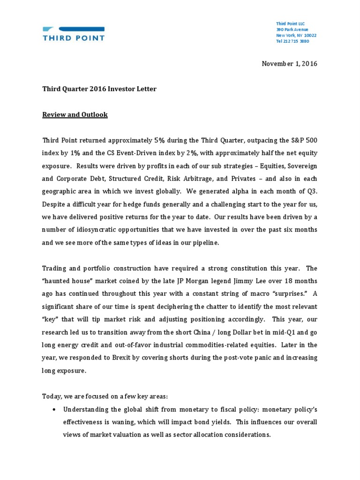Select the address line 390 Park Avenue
pyautogui.click(x=292, y=30)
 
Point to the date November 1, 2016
pyautogui.click(x=289, y=64)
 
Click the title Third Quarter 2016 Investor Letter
pyautogui.click(x=99, y=89)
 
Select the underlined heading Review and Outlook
pyautogui.click(x=75, y=114)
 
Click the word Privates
pyautogui.click(x=240, y=179)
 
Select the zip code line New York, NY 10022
pyautogui.click(x=296, y=35)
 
